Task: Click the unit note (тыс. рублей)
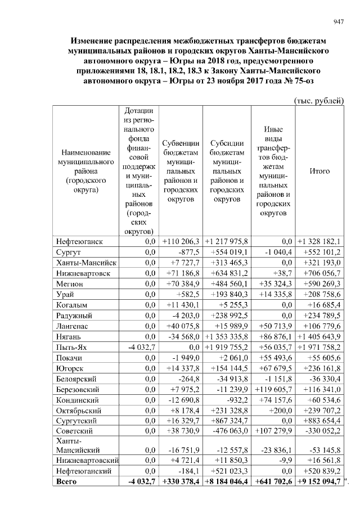coord(319,100)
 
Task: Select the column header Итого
coord(319,171)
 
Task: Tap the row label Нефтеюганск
coord(79,241)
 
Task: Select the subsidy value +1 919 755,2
coord(229,347)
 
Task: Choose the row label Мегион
coord(70,284)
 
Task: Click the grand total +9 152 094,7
coord(319,483)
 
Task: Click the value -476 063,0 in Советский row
coord(230,431)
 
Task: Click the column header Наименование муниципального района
coord(83,171)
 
